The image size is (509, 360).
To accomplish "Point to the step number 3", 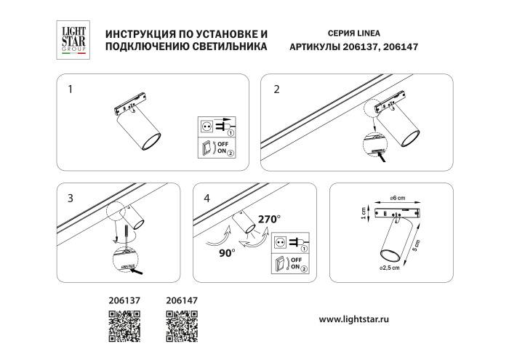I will [70, 197].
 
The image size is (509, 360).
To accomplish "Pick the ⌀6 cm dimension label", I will [396, 199].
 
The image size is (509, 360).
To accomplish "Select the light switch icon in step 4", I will [280, 265].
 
